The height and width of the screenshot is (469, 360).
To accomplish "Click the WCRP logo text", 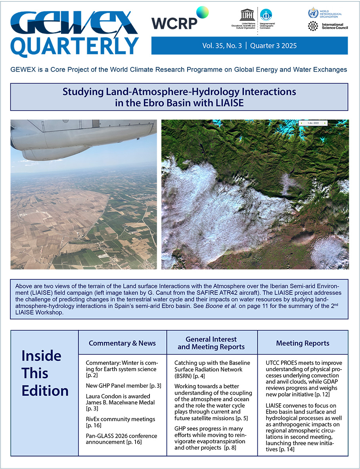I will pos(174,23).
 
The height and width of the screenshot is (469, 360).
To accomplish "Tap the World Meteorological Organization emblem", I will pos(313,13).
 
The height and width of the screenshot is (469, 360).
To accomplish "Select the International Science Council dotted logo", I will pos(313,27).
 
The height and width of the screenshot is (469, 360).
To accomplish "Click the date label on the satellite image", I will pos(313,123).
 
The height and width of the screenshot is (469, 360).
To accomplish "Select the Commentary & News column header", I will pos(122,343).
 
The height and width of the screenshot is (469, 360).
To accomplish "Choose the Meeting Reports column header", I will pos(303,343).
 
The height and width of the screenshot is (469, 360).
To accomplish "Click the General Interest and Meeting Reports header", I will pos(212,343).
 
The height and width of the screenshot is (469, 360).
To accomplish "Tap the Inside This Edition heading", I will pos(44,373).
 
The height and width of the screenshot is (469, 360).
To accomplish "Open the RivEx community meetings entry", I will pos(120,422).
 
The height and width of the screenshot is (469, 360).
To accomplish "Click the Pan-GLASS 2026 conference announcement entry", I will pos(121,439).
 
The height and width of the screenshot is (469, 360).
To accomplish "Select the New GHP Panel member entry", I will pos(123,385).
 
